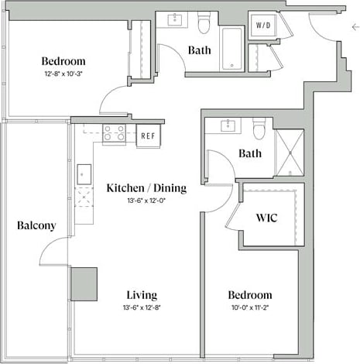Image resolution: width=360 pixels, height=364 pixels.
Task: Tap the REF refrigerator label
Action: [x=148, y=136]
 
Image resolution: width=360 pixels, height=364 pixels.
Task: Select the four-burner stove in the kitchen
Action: [x=115, y=133]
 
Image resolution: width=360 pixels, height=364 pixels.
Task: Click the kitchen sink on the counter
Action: [x=84, y=173]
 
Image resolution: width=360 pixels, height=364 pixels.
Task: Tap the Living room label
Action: [x=141, y=295]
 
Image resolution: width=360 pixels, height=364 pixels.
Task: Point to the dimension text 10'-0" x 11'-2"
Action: [x=249, y=307]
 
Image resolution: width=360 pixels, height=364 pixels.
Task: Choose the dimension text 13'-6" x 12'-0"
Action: [x=135, y=201]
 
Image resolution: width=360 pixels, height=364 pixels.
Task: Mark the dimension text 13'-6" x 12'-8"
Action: [x=141, y=307]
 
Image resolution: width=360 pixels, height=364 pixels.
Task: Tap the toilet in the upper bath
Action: [x=204, y=26]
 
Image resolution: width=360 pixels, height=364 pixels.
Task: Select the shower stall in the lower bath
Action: [x=289, y=153]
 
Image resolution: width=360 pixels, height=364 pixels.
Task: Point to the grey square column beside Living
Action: [x=84, y=283]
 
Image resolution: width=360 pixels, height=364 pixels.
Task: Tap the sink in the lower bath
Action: [x=228, y=125]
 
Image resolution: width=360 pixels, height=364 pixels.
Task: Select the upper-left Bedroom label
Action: [x=63, y=61]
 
